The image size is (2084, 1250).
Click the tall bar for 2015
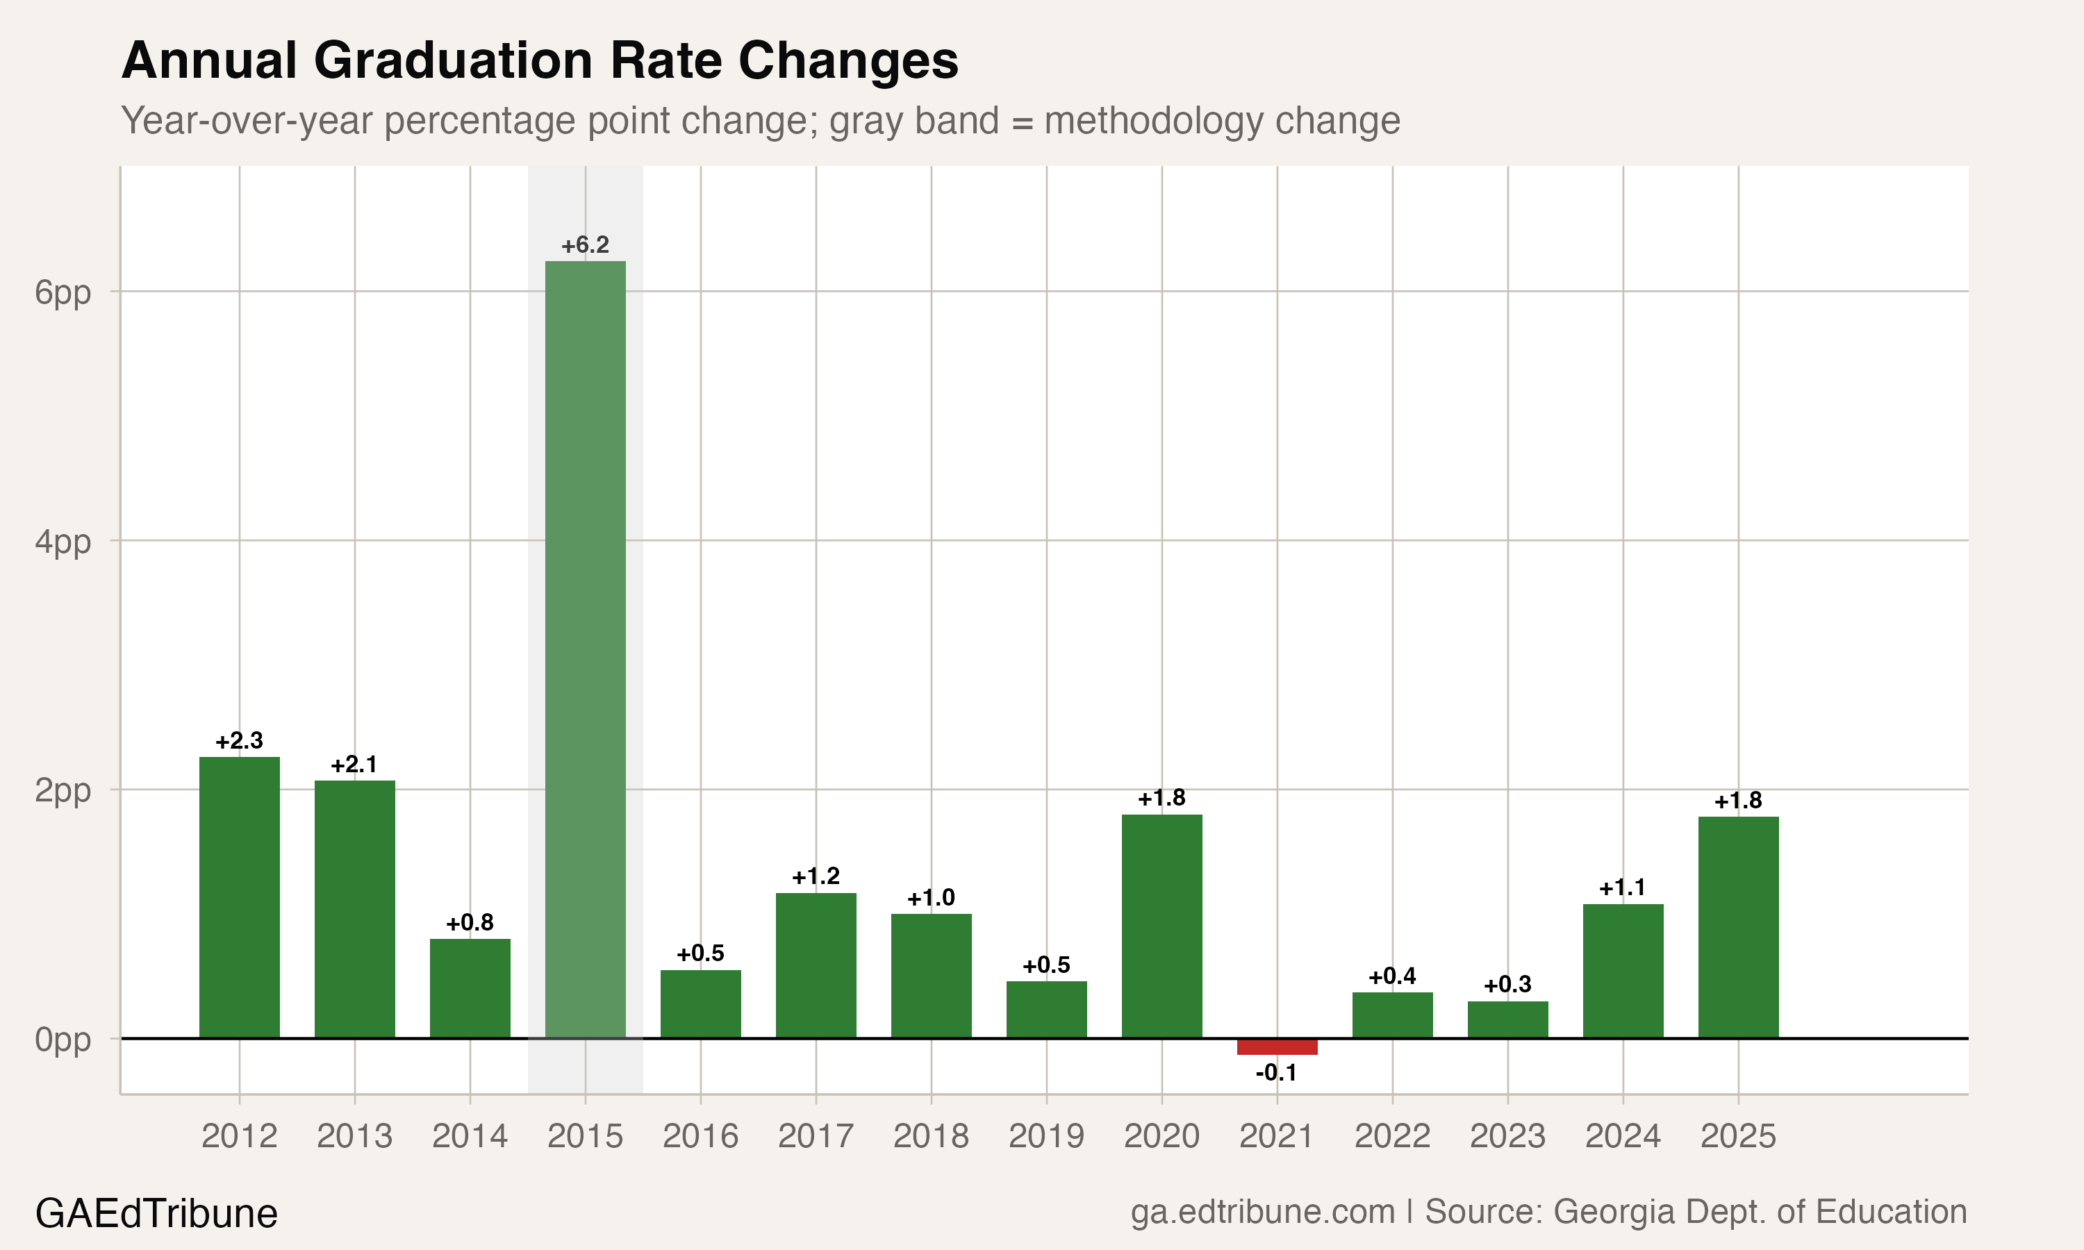coord(585,649)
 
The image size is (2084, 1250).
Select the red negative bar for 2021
coord(1276,1046)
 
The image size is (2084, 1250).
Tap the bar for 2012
coord(239,897)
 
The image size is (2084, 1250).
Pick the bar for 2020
coord(1161,926)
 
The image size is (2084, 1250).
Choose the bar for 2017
coord(816,965)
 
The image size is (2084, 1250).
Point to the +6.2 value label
coord(585,245)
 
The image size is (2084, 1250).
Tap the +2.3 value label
coord(239,741)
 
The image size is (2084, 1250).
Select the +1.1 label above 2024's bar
coord(1621,887)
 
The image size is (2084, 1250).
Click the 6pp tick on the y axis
coord(63,292)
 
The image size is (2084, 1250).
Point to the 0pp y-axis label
coord(63,1040)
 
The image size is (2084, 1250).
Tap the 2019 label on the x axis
coord(1045,1136)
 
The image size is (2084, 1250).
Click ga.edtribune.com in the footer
coord(1262,1212)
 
